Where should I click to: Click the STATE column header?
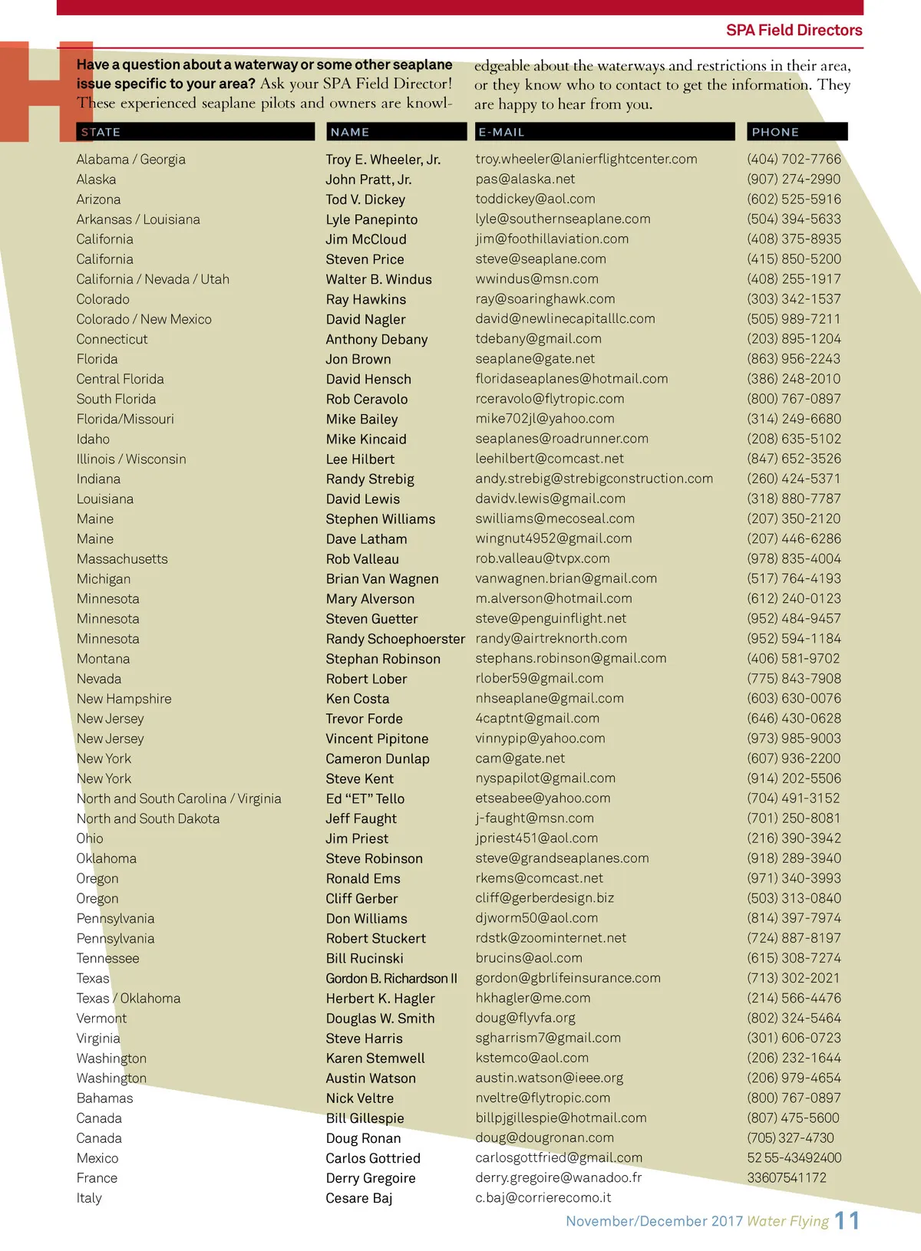(x=101, y=132)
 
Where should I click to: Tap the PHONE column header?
(x=775, y=132)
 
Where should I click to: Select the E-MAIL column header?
(x=501, y=132)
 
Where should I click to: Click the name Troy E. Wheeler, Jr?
(x=383, y=160)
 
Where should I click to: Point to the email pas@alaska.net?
(x=525, y=179)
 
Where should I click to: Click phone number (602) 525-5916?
(x=794, y=199)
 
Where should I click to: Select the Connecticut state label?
(x=112, y=339)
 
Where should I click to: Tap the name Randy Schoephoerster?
(x=395, y=639)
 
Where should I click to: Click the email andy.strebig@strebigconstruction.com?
(x=594, y=479)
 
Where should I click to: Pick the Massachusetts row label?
(x=122, y=559)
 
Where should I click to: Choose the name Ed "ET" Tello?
(x=365, y=798)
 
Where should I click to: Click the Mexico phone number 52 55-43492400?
(x=794, y=1158)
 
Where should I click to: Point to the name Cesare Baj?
(x=358, y=1198)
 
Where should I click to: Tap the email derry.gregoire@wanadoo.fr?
(x=558, y=1178)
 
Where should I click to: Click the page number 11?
(x=847, y=1221)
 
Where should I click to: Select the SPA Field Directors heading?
(x=794, y=31)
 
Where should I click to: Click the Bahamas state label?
(x=104, y=1098)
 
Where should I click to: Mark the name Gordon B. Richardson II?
(x=391, y=979)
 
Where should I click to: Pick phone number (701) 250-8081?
(x=794, y=818)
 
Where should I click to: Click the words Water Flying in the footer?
(x=787, y=1221)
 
